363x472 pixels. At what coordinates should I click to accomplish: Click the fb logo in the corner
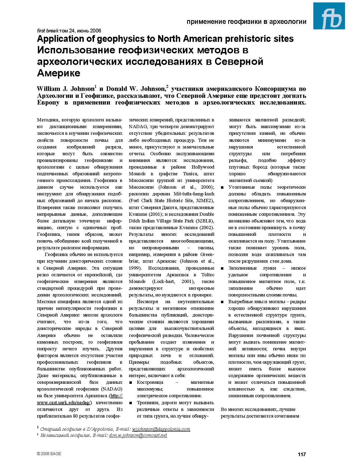pos(329,16)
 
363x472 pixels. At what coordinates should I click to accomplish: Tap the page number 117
pos(302,454)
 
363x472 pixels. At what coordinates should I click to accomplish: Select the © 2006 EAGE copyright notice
pos(49,454)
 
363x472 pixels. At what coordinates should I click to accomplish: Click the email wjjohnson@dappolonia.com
pos(161,429)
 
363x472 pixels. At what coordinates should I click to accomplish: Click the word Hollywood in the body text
pos(203,167)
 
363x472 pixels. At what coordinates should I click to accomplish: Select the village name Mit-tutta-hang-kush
pos(194,194)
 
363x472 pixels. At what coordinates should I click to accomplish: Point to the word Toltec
pos(208,275)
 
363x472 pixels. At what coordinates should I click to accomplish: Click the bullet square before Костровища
pos(131,382)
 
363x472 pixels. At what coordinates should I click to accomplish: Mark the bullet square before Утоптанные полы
pos(222,187)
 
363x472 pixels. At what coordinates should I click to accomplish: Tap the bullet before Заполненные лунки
pos(222,268)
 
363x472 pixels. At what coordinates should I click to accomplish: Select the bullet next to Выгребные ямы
pos(222,302)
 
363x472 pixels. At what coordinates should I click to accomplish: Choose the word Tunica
pos(190,174)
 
